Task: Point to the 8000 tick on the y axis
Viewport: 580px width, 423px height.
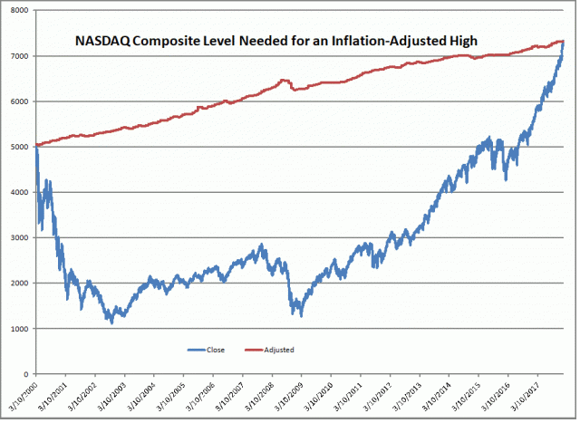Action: click(x=19, y=10)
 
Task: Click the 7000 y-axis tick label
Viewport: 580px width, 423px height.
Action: click(x=19, y=56)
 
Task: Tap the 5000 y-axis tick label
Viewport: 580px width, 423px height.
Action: click(x=19, y=147)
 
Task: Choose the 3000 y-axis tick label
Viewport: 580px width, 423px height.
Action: click(x=19, y=237)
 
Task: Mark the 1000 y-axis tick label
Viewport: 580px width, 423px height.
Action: click(x=19, y=328)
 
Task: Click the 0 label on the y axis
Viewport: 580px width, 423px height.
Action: click(x=27, y=373)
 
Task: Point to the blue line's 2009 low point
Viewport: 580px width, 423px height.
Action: click(x=300, y=315)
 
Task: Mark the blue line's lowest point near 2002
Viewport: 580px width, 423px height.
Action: click(x=111, y=322)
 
